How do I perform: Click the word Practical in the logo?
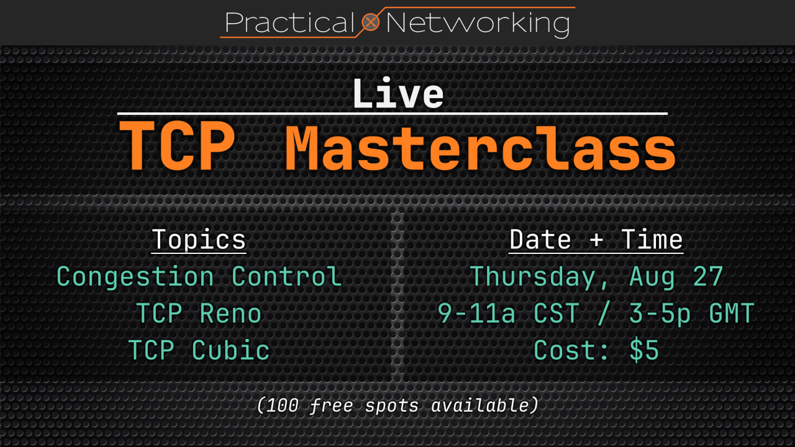click(289, 23)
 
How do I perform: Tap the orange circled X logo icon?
click(371, 22)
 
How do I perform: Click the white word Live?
click(398, 93)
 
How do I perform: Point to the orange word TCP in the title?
click(177, 145)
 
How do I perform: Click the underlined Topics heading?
click(199, 240)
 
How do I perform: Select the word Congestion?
click(135, 277)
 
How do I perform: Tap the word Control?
click(287, 276)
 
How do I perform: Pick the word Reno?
click(230, 314)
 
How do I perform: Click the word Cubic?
click(230, 350)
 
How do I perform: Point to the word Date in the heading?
click(540, 240)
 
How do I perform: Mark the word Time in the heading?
click(652, 240)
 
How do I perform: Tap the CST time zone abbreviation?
click(556, 314)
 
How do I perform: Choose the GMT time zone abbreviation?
click(732, 314)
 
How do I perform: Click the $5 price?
click(644, 350)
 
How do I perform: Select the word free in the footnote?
click(332, 405)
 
